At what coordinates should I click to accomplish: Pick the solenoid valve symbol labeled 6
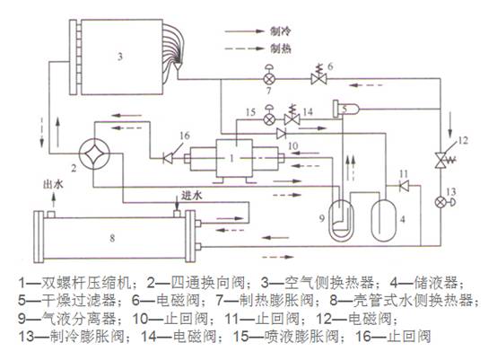pos(317,78)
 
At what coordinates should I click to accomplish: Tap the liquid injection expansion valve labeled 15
pos(268,118)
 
